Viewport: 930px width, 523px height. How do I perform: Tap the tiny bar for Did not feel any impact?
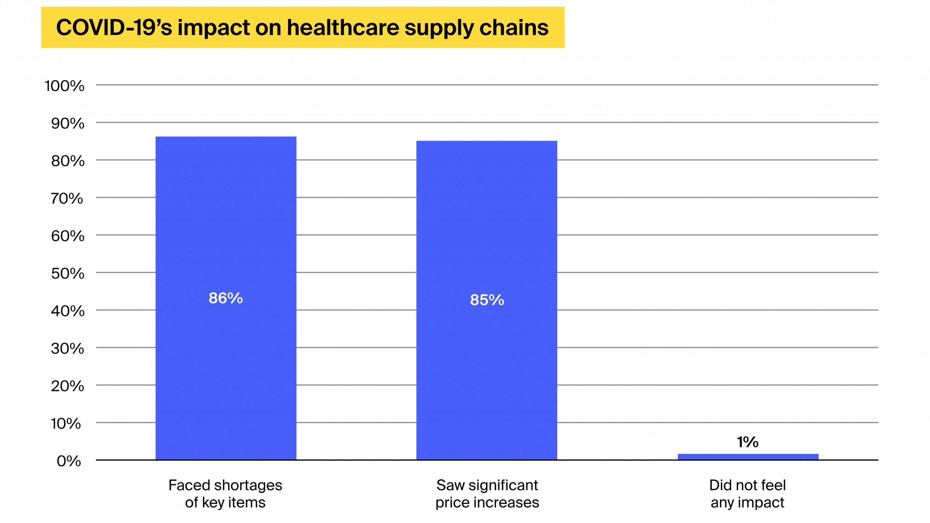click(x=748, y=457)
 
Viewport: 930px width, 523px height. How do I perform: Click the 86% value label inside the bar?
click(x=226, y=298)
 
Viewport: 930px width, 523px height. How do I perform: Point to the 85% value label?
click(x=487, y=300)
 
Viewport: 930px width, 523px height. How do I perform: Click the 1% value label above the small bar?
click(x=748, y=442)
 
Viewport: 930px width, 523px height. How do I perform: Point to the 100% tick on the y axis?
click(x=64, y=86)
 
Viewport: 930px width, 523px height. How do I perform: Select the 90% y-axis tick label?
click(x=68, y=124)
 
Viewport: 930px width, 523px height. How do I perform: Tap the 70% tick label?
click(x=67, y=199)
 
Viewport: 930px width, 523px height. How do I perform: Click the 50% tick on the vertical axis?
click(x=68, y=273)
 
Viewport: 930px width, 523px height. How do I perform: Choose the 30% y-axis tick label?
click(x=68, y=349)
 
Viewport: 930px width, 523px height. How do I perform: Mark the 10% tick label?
click(x=66, y=423)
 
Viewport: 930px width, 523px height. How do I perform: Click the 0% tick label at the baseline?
click(x=69, y=461)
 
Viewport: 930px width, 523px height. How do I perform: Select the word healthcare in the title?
click(x=343, y=28)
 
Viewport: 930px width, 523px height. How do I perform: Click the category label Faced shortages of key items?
click(x=225, y=494)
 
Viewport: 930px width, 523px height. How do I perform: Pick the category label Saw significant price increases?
click(x=487, y=494)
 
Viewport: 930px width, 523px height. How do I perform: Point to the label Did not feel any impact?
click(x=747, y=494)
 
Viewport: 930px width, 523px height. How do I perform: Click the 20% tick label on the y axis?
click(x=68, y=386)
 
